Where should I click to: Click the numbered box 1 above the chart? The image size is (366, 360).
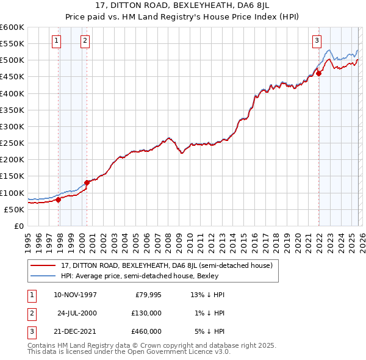coord(56,41)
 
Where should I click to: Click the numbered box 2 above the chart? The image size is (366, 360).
coord(85,41)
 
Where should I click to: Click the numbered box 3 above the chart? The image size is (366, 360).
coord(317,41)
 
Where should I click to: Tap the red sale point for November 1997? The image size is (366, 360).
coord(59,199)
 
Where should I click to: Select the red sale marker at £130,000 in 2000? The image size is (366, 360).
coord(87,182)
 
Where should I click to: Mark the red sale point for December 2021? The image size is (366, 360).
coord(318,73)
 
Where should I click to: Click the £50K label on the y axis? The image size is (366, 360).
coord(15,209)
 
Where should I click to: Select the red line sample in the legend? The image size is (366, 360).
coord(43,265)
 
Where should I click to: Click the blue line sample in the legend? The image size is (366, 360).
coord(43,276)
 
